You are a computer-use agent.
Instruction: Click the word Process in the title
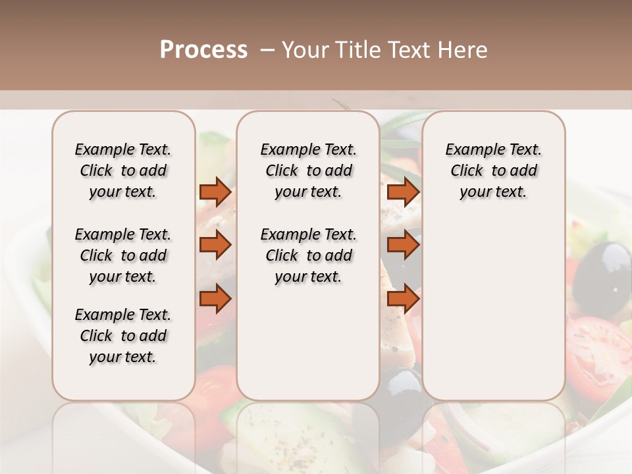coord(203,50)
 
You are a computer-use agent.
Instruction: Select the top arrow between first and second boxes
coord(215,192)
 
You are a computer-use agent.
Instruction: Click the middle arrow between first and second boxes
coord(215,245)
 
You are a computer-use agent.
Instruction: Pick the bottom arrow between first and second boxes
coord(215,298)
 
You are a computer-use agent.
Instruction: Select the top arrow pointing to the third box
coord(403,192)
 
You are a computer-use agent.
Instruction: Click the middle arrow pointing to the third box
coord(403,245)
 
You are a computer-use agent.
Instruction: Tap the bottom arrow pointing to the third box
coord(403,298)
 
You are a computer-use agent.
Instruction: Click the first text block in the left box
coord(123,171)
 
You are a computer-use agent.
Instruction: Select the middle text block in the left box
coord(123,255)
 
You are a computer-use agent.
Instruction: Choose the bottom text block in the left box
coord(123,336)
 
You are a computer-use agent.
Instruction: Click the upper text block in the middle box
coord(308,171)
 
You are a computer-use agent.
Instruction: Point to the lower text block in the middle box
coord(308,255)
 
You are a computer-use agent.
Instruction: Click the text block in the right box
coord(493,171)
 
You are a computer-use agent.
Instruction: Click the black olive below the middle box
coord(402,388)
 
